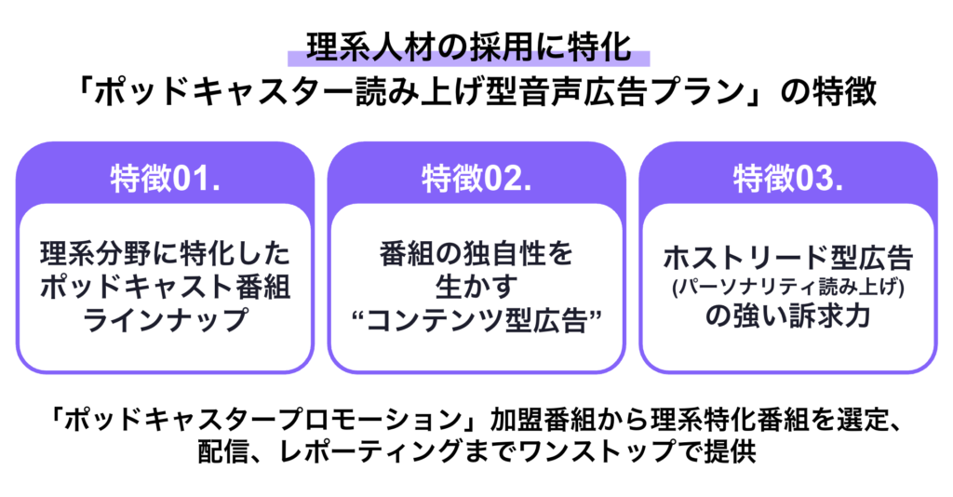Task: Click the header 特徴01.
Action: click(165, 177)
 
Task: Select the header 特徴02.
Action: click(476, 177)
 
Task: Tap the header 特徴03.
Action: click(787, 177)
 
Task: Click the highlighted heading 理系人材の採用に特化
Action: click(476, 47)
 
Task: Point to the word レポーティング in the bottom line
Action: click(386, 452)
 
